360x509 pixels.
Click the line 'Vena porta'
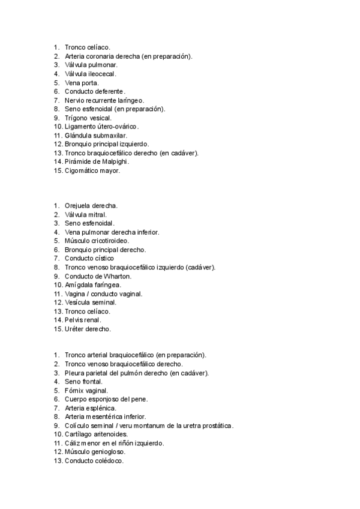point(82,83)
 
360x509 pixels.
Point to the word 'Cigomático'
point(83,170)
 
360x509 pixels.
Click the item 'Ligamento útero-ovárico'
point(101,127)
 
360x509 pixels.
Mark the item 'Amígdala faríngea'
point(92,285)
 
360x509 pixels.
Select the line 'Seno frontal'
point(84,381)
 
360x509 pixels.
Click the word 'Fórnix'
point(74,390)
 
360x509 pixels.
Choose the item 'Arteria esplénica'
point(91,408)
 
